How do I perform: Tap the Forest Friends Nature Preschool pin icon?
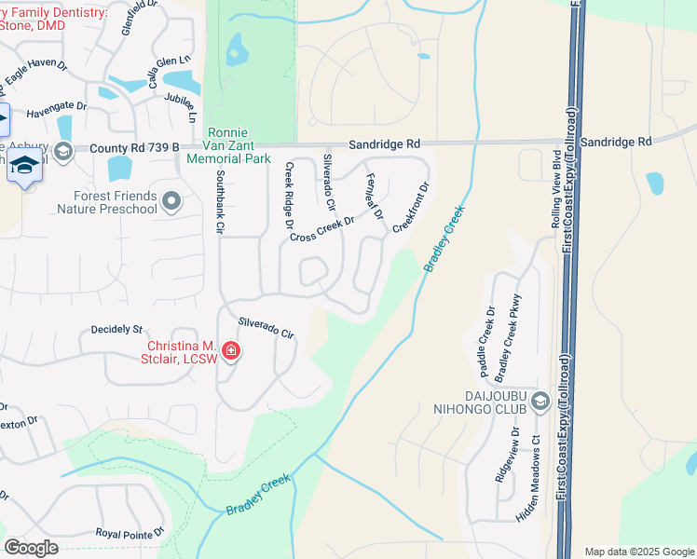pos(171,201)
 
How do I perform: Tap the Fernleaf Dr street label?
pos(375,197)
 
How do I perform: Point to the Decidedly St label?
pos(116,329)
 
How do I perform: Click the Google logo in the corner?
pos(31,547)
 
